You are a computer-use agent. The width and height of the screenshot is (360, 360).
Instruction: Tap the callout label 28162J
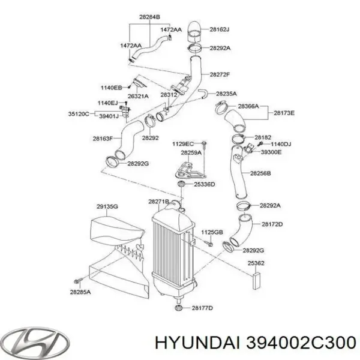[220, 28]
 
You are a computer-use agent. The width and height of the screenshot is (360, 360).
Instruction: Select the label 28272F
[220, 74]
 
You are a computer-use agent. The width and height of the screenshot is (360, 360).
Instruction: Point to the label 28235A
[226, 94]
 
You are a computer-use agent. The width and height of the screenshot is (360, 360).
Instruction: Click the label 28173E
[284, 112]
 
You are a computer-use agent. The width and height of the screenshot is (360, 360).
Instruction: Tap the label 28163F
[103, 138]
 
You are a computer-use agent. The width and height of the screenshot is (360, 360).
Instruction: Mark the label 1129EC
[183, 144]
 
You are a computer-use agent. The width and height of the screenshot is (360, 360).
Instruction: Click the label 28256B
[260, 173]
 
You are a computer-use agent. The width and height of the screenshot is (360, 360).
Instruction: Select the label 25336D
[204, 184]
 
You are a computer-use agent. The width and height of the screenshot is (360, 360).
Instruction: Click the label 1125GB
[211, 232]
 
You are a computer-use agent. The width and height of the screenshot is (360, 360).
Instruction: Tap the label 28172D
[272, 224]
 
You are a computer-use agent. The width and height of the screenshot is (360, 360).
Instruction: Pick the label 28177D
[202, 308]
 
